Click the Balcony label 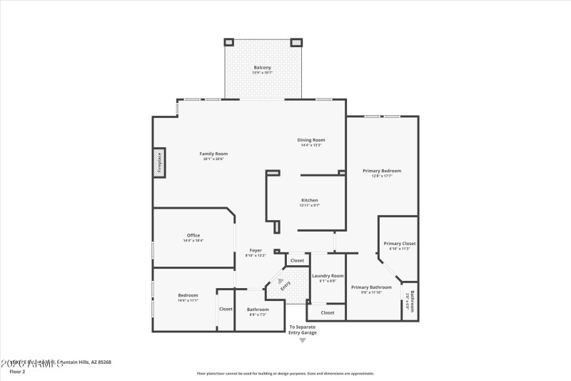tap(262, 68)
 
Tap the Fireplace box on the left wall tap(160, 162)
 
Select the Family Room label tap(213, 154)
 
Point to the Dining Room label tap(311, 139)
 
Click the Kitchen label tap(309, 200)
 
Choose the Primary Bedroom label tap(382, 171)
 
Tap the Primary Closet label tap(400, 244)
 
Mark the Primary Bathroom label tap(371, 287)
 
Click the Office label tap(193, 235)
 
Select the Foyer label tap(256, 251)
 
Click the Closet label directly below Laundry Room tap(328, 312)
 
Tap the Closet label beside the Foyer tap(297, 260)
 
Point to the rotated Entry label tap(285, 286)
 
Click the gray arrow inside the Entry tap(281, 282)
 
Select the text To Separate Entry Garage tap(302, 330)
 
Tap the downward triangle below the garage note tap(302, 340)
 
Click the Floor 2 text tap(17, 372)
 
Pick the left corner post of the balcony tap(229, 42)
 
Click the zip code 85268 tap(103, 362)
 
